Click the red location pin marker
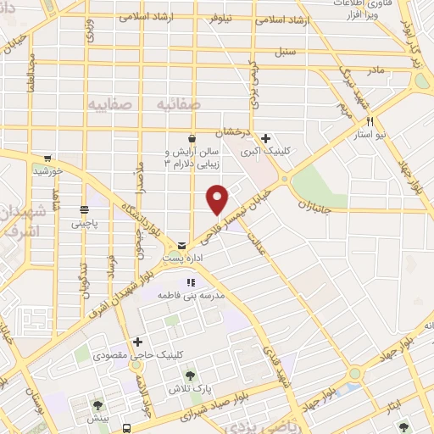pos(218,198)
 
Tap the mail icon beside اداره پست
pos(181,246)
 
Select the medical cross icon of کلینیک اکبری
pos(265,138)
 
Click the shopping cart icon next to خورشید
pos(48,159)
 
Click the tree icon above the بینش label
pos(99,405)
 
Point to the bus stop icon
pos(126,428)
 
